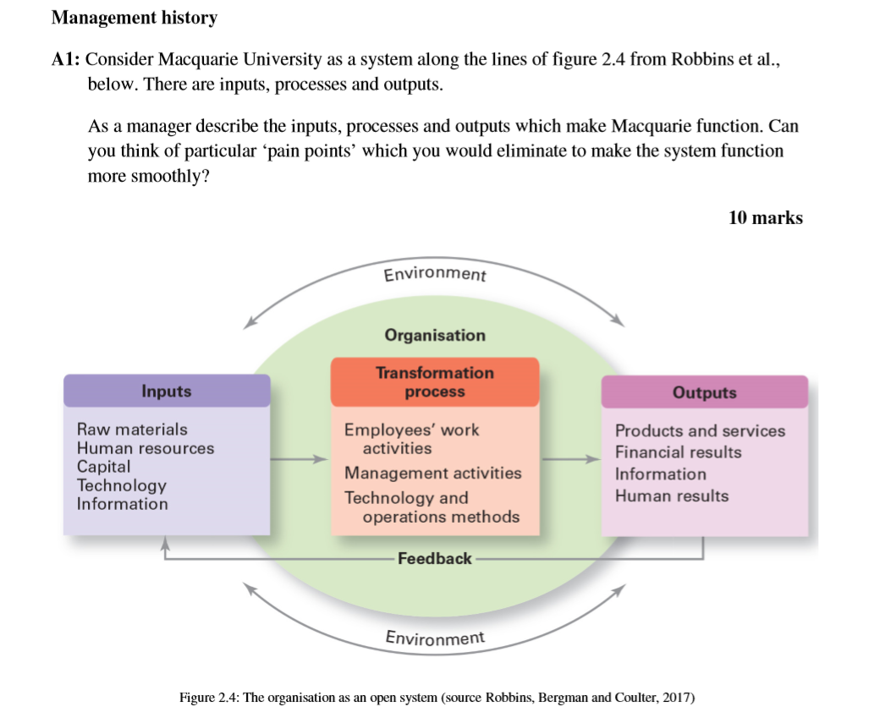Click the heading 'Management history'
pos(135,18)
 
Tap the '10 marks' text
pos(765,217)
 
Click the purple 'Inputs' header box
pos(167,391)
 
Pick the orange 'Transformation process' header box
pos(434,382)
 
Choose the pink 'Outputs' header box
pos(704,392)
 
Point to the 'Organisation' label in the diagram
pos(435,335)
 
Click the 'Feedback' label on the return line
pos(434,558)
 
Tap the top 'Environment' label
pos(435,275)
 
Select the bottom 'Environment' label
pos(435,638)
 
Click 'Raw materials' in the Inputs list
pos(132,430)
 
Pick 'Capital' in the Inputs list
pos(104,467)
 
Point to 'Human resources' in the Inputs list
pos(146,448)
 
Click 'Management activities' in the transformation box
pos(432,473)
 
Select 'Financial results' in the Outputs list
pos(678,452)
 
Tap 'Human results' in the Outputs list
pos(671,496)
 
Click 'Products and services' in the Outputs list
pos(700,431)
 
